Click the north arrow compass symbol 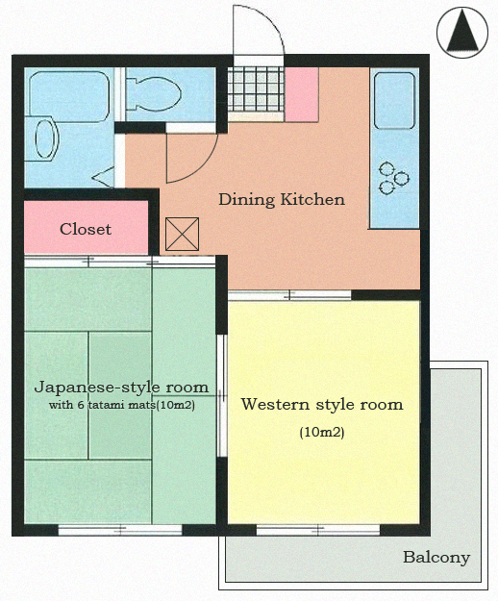tap(462, 33)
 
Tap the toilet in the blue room tap(153, 94)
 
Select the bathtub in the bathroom tap(69, 96)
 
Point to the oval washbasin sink tap(45, 138)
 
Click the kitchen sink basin tap(394, 100)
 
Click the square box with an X tap(183, 235)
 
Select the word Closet tap(86, 229)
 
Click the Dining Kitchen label tap(282, 200)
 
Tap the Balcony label tap(436, 558)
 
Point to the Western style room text tap(322, 405)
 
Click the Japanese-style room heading tap(121, 388)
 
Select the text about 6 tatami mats tap(122, 405)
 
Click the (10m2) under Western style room tap(322, 433)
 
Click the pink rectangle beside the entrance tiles tap(302, 94)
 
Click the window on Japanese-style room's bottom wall tap(120, 530)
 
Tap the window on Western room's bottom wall tap(318, 530)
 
